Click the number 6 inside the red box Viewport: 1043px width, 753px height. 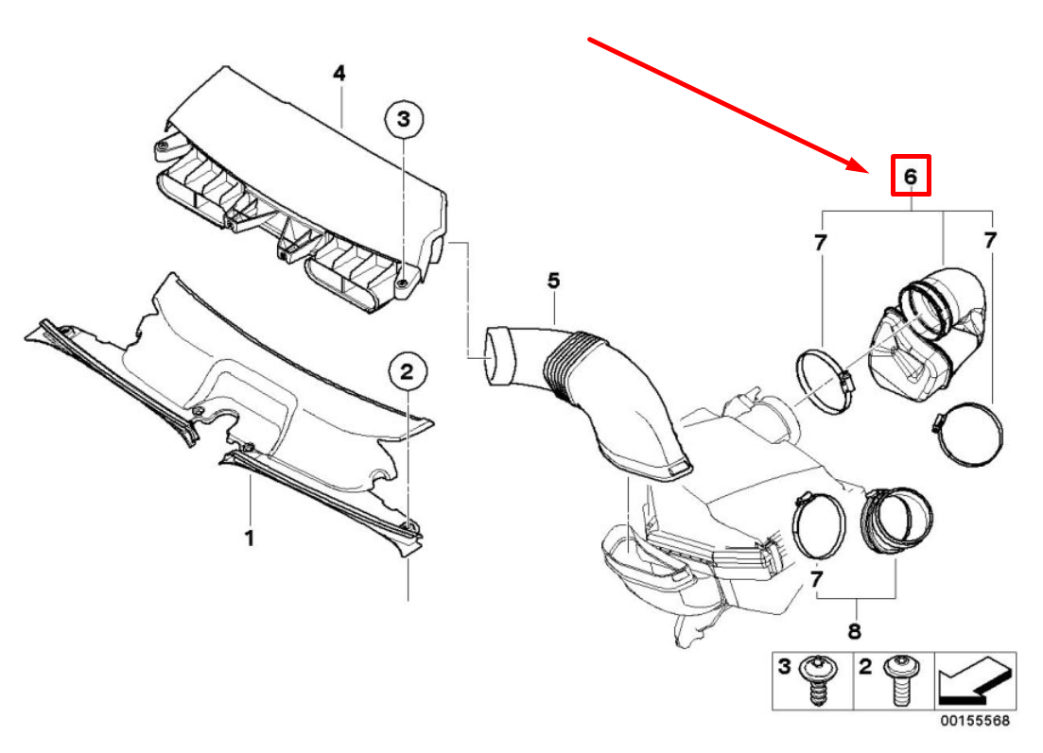(x=911, y=177)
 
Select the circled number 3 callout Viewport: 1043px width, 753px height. (x=404, y=119)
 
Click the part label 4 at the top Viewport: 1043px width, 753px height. (x=339, y=74)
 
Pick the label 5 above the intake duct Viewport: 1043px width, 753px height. (x=553, y=281)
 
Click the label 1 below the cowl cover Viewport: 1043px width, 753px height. (x=250, y=539)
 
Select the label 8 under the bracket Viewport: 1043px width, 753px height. (x=854, y=630)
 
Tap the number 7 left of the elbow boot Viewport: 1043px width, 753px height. (x=820, y=242)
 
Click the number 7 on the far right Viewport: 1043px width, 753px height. (x=990, y=241)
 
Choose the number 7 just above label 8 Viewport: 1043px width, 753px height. (x=816, y=575)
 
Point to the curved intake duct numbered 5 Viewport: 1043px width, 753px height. (x=605, y=397)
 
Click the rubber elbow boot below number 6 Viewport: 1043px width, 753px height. (x=931, y=331)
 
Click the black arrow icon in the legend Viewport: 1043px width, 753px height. (x=975, y=680)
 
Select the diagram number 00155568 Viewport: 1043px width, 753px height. (x=974, y=721)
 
